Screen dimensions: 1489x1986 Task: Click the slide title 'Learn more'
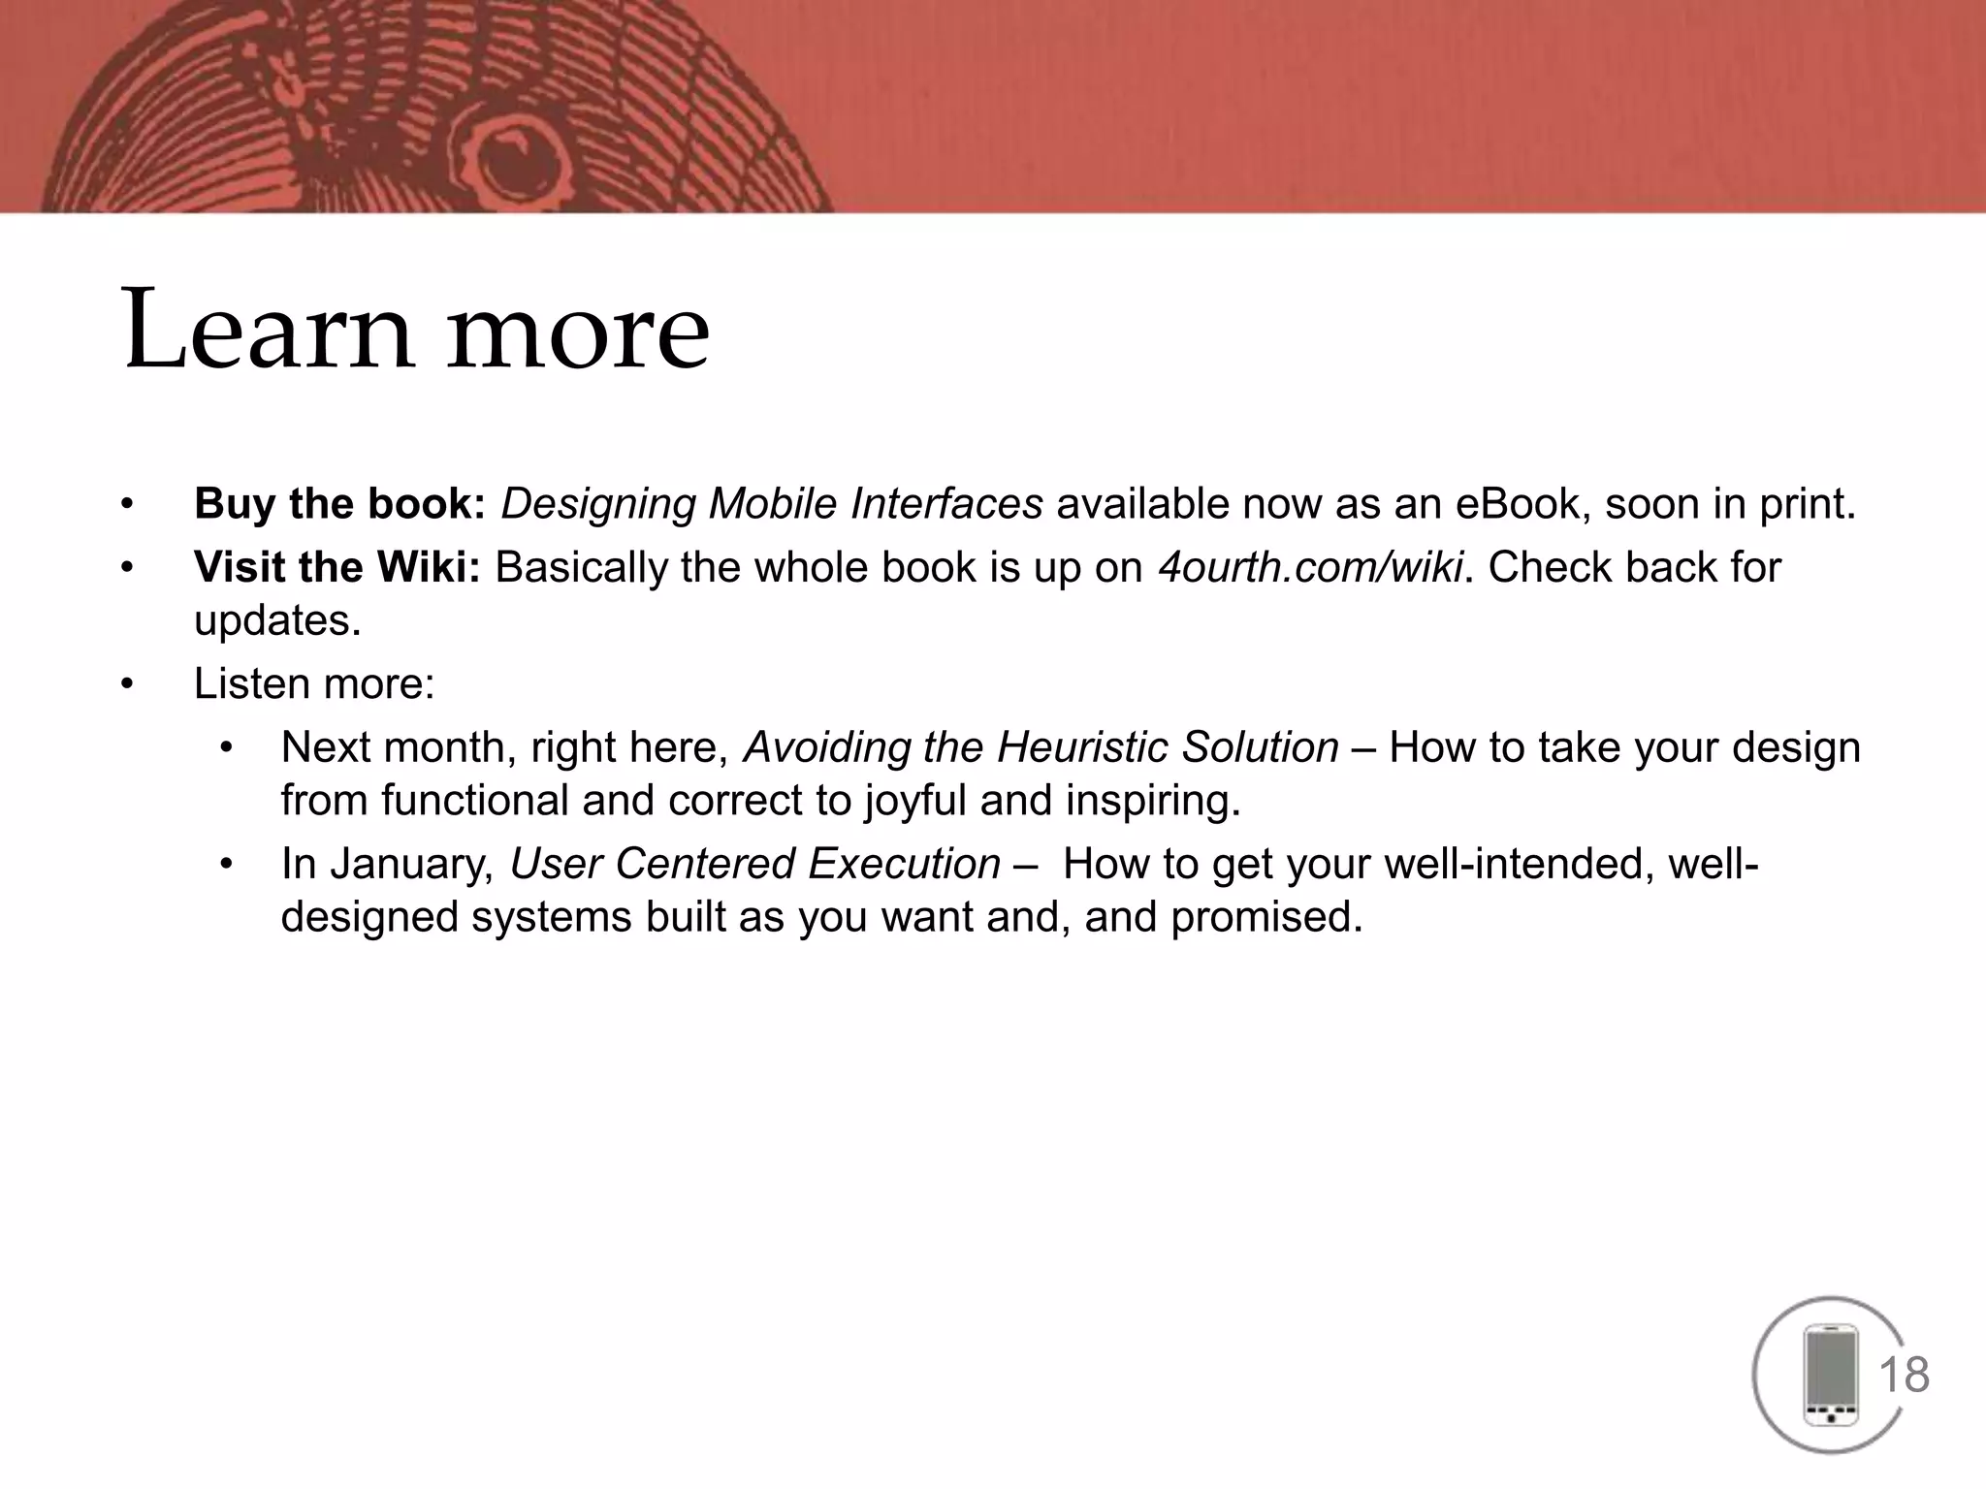pos(417,330)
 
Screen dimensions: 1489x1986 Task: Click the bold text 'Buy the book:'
pos(339,504)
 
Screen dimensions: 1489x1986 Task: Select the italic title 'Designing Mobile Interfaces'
pos(771,504)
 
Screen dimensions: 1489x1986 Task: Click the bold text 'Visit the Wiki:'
pos(337,567)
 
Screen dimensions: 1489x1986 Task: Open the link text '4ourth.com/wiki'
pos(1310,567)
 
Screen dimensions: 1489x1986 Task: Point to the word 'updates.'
pos(277,621)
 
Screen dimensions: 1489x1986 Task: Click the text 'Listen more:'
pos(314,684)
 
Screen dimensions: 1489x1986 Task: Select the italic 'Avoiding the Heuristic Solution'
pos(1041,747)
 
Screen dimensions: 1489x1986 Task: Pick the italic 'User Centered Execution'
pos(754,864)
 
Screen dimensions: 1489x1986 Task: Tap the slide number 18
pos(1904,1376)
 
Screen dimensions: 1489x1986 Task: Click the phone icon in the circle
pos(1829,1375)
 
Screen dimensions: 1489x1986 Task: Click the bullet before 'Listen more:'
pos(125,684)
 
